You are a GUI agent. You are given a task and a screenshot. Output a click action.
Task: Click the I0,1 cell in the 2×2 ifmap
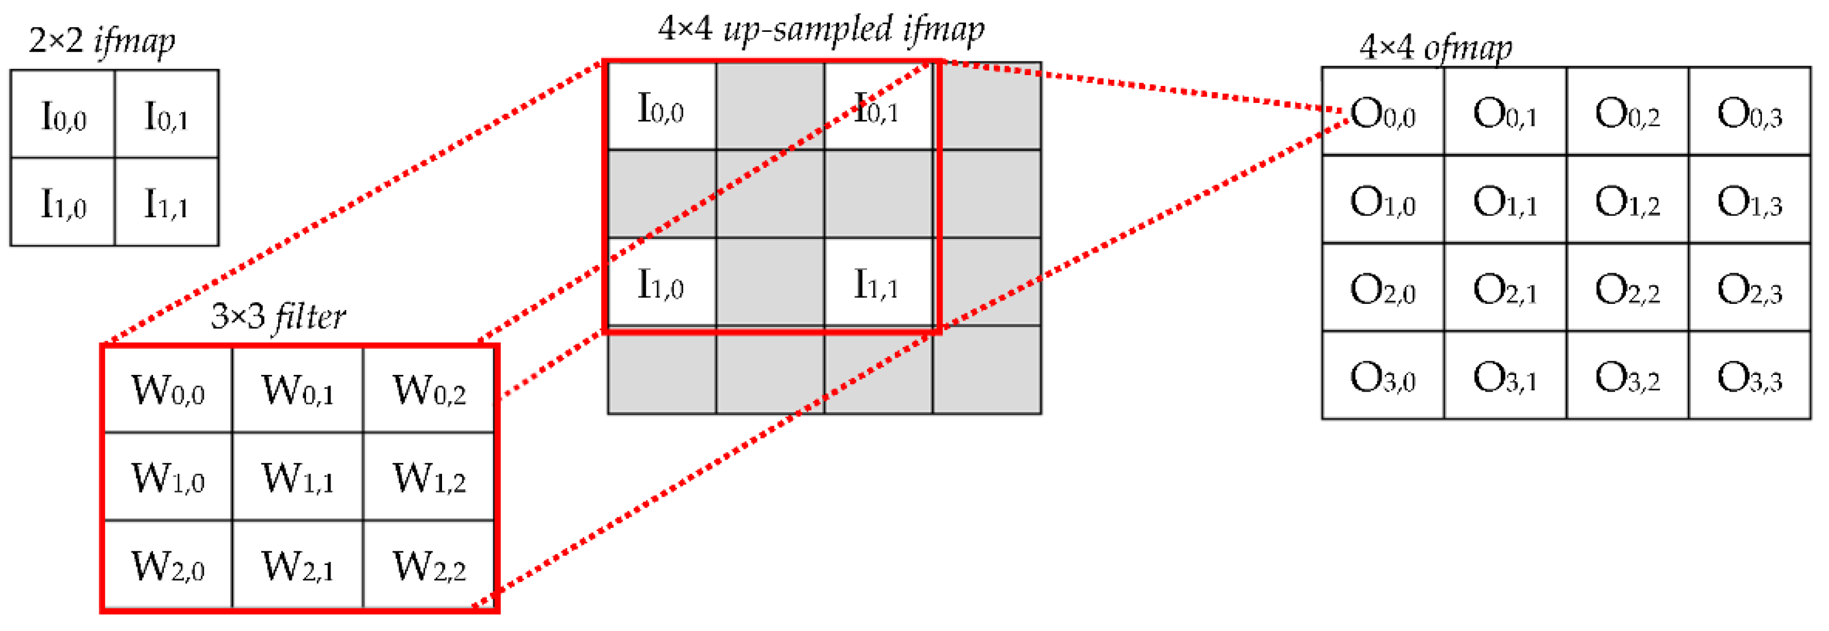coord(166,115)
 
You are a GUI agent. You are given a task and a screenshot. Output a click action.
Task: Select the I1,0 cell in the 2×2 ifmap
coord(63,203)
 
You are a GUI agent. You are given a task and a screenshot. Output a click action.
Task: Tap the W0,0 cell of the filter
coord(168,390)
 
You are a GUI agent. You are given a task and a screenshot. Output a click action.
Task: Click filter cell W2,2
coord(429,566)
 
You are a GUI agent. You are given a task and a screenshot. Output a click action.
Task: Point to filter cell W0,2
coord(429,390)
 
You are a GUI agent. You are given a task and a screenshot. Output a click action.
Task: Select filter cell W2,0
coord(168,566)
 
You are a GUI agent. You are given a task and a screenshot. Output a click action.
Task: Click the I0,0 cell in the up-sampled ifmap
coord(661,108)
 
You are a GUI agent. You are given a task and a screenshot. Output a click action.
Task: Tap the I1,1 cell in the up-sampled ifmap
coord(876,284)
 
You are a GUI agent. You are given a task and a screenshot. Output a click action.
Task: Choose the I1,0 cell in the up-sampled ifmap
coord(661,284)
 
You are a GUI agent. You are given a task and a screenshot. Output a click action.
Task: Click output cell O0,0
coord(1382,112)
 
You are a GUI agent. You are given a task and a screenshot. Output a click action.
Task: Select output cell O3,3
coord(1749,376)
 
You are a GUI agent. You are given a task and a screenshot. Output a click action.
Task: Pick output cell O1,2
coord(1628,201)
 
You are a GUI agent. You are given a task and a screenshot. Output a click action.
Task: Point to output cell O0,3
coord(1749,112)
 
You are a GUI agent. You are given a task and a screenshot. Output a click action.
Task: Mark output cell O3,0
coord(1382,376)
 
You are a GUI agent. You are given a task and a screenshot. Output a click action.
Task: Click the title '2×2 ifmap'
coord(101,41)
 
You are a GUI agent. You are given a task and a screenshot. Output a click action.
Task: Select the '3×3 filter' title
coord(278,316)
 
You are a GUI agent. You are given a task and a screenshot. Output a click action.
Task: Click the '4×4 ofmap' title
coord(1436,48)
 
